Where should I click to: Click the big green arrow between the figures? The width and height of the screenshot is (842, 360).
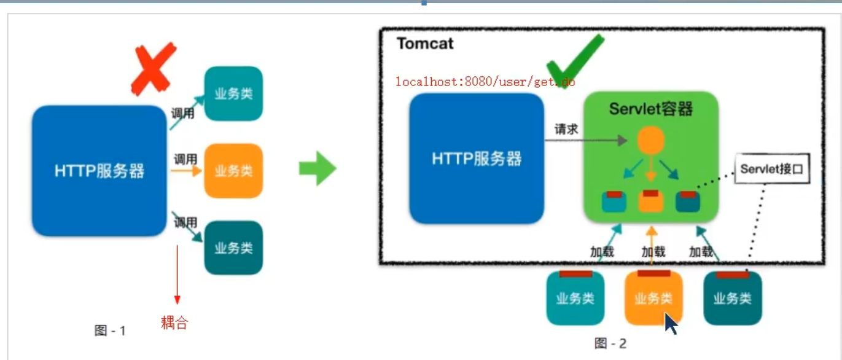(318, 168)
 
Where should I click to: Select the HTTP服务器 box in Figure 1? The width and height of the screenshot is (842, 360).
(99, 171)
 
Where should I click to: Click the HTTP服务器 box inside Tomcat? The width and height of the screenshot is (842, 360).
(477, 158)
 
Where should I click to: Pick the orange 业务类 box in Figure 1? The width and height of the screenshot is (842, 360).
(233, 171)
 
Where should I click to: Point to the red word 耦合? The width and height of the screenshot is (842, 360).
(174, 323)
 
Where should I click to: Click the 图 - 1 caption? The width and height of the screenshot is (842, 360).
(111, 331)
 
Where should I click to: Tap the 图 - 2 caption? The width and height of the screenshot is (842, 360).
(610, 343)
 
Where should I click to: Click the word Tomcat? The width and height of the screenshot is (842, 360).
(425, 44)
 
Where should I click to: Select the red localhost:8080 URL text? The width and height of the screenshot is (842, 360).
(485, 81)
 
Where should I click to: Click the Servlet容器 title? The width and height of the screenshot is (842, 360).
(651, 109)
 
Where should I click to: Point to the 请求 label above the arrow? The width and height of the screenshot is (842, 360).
(566, 130)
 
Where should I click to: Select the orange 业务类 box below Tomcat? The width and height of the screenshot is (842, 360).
(653, 299)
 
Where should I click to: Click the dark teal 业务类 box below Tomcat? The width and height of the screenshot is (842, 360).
(732, 299)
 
